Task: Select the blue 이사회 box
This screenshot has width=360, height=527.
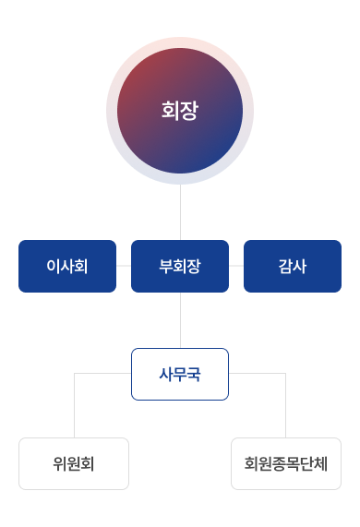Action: pyautogui.click(x=67, y=266)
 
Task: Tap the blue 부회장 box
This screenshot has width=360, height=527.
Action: pyautogui.click(x=180, y=266)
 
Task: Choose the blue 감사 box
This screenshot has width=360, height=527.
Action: pyautogui.click(x=293, y=266)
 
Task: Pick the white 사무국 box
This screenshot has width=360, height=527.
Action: pyautogui.click(x=180, y=374)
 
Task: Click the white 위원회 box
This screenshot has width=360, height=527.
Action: pyautogui.click(x=74, y=463)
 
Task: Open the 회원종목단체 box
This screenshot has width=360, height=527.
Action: pyautogui.click(x=286, y=463)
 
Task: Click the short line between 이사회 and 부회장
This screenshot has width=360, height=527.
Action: pyautogui.click(x=124, y=266)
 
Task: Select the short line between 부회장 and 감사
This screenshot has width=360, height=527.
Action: pyautogui.click(x=236, y=266)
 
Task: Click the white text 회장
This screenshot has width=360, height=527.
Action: pyautogui.click(x=180, y=112)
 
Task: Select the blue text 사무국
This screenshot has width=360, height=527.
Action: pyautogui.click(x=180, y=374)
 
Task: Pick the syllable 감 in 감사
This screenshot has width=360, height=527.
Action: pyautogui.click(x=285, y=266)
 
